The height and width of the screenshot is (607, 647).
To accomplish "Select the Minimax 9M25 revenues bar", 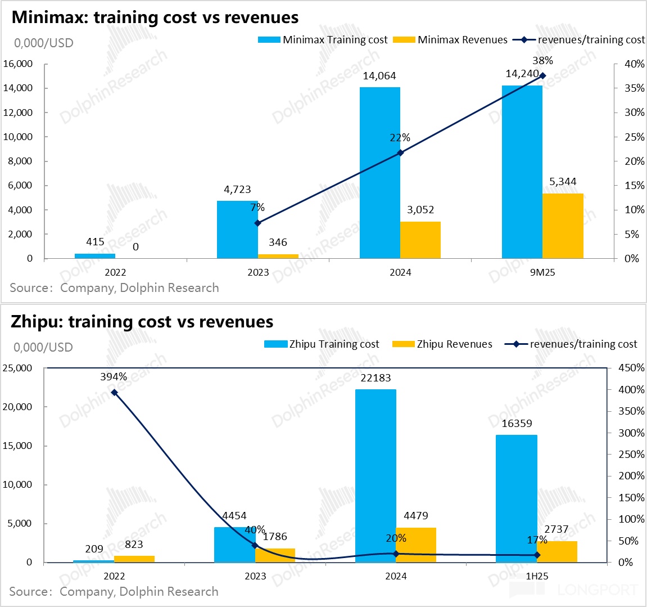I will pos(563,226).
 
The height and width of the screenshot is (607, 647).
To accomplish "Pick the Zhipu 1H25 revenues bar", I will pos(557,551).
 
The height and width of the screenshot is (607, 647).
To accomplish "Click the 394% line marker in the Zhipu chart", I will pos(114,392).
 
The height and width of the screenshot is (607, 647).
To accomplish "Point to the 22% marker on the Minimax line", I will pos(400,152).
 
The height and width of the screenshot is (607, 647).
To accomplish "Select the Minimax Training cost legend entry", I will pos(323,40).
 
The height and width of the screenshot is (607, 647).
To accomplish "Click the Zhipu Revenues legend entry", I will pos(442,344).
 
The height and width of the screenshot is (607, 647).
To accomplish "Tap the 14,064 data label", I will pos(379,76).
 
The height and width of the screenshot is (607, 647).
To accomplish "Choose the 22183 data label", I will pos(375,378).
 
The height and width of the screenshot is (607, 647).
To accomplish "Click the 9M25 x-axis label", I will pos(542,273).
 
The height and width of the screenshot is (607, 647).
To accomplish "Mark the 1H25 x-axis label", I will pos(537,576).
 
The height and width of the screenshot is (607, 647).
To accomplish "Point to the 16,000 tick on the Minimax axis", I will pos(18,64).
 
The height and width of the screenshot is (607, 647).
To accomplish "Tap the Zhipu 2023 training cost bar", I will pos(234,544).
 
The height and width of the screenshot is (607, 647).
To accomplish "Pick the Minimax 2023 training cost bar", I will pos(237,229).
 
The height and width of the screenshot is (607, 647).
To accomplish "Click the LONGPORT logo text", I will pos(598,590).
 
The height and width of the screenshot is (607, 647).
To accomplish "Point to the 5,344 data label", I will pos(563,182).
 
